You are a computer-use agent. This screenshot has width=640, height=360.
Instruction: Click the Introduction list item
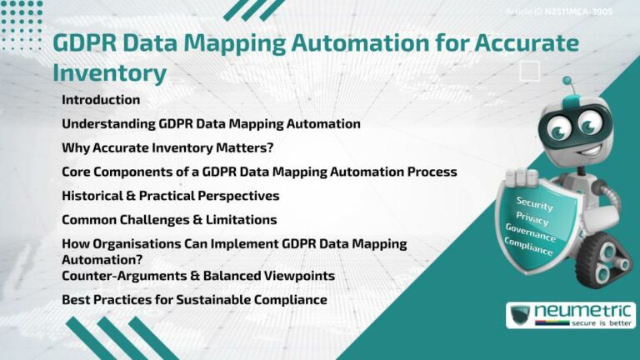click(x=101, y=100)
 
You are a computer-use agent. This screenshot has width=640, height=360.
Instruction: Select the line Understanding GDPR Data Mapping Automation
click(x=211, y=124)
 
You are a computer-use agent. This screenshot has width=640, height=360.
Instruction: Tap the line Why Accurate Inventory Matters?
click(x=168, y=148)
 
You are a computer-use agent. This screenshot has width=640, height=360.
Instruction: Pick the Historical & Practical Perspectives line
click(x=171, y=196)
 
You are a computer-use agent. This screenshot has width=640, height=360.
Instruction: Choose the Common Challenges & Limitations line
click(x=169, y=220)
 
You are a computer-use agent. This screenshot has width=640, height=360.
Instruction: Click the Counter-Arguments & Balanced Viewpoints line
click(x=198, y=276)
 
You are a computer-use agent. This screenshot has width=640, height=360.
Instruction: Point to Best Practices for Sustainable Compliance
click(x=194, y=299)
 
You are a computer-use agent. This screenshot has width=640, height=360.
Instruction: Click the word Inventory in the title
click(x=109, y=72)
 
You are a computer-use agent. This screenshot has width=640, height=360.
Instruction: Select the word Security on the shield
click(x=534, y=202)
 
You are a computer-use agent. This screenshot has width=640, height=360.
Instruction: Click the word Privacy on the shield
click(x=532, y=218)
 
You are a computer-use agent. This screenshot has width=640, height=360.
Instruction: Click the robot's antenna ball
click(x=567, y=82)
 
